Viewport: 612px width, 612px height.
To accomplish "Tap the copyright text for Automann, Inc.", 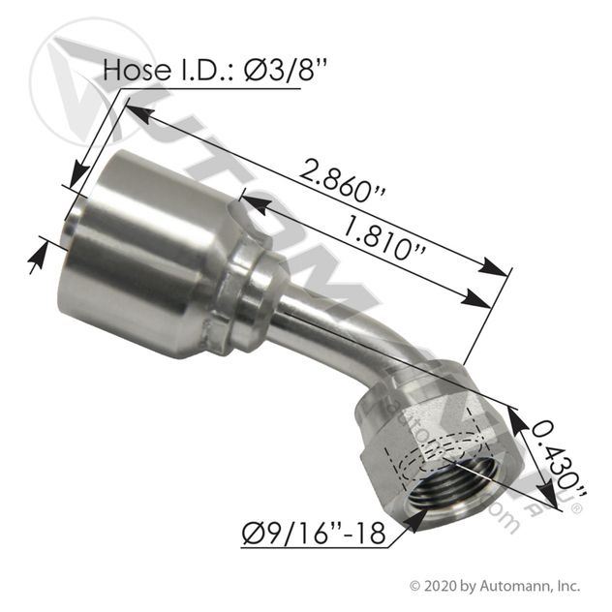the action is coord(495,586).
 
